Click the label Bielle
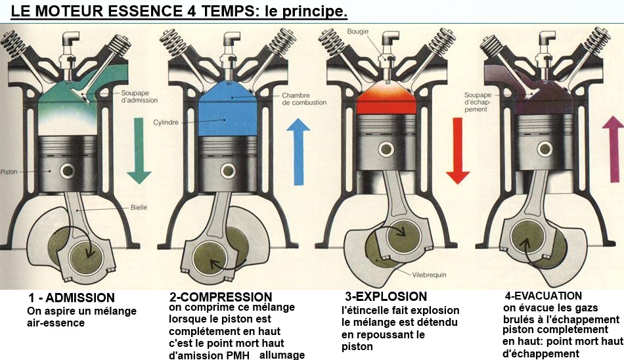(139, 208)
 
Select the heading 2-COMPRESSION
(220, 297)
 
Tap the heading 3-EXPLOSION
(386, 296)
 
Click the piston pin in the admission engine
(66, 171)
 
